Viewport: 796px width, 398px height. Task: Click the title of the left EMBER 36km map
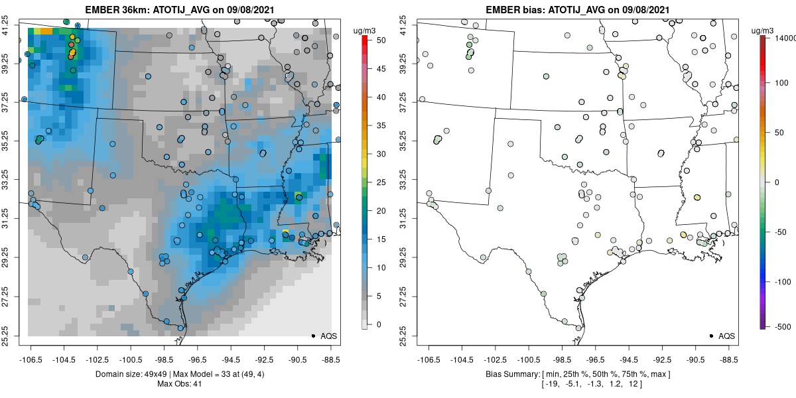pos(180,9)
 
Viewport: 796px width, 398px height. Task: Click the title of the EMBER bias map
pos(578,9)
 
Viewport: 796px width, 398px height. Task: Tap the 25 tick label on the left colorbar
pos(381,182)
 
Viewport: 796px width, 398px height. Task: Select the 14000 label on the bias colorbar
pos(785,38)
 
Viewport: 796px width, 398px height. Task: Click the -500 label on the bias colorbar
pos(783,327)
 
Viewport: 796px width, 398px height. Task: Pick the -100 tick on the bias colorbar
pos(783,282)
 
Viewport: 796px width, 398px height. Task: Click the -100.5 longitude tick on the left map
pos(131,360)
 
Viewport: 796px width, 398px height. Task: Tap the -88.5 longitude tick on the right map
pos(727,360)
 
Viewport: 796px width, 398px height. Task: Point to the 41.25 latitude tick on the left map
pos(5,25)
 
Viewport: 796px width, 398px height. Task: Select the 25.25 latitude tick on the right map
pos(403,336)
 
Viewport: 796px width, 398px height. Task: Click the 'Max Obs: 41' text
pos(180,384)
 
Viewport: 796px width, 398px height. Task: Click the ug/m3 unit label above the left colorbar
pos(364,31)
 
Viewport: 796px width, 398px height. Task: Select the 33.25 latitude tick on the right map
pos(403,180)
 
